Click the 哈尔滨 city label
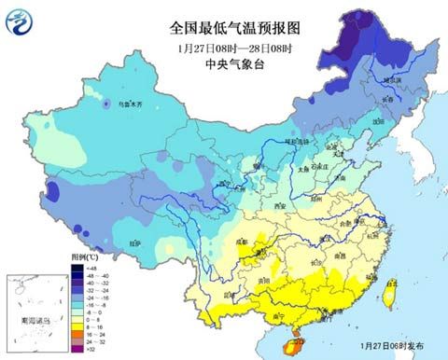pyautogui.click(x=395, y=81)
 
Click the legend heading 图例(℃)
pyautogui.click(x=89, y=255)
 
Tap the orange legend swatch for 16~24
pyautogui.click(x=79, y=335)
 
